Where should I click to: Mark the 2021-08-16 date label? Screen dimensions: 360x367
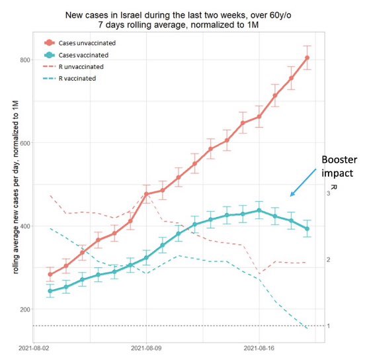click(259, 346)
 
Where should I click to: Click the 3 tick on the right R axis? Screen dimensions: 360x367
click(329, 193)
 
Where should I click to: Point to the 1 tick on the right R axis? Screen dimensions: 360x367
click(329, 326)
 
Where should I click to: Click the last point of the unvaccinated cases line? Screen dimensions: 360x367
click(307, 58)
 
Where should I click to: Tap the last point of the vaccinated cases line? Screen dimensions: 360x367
click(307, 229)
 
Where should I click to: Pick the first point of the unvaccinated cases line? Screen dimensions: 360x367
click(50, 274)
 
